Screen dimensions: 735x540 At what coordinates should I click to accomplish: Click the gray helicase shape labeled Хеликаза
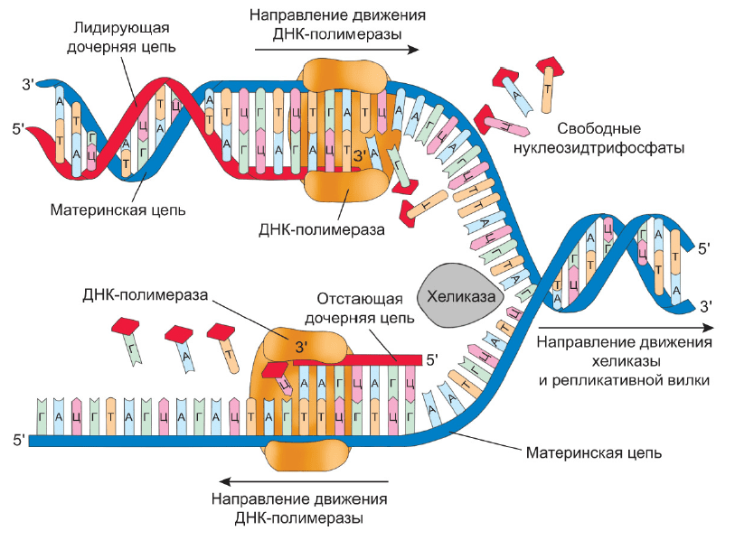pyautogui.click(x=459, y=295)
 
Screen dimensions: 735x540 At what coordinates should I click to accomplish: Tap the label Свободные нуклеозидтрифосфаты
pyautogui.click(x=598, y=138)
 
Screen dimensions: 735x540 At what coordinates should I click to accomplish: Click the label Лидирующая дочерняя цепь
pyautogui.click(x=121, y=37)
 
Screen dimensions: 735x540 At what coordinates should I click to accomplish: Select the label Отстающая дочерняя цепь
pyautogui.click(x=360, y=308)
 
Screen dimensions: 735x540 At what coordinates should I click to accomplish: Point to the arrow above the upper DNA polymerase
pyautogui.click(x=336, y=50)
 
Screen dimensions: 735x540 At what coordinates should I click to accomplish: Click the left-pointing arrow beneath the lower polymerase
pyautogui.click(x=304, y=481)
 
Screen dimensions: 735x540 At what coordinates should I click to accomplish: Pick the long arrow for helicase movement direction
pyautogui.click(x=627, y=328)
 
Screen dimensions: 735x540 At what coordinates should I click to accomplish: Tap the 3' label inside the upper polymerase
pyautogui.click(x=360, y=156)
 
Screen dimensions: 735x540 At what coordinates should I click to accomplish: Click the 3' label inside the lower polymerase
pyautogui.click(x=301, y=347)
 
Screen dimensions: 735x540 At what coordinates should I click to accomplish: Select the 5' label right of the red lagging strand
pyautogui.click(x=432, y=359)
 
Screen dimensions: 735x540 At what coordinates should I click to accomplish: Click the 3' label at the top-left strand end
pyautogui.click(x=28, y=85)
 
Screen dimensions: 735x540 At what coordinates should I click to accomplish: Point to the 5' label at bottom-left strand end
pyautogui.click(x=19, y=441)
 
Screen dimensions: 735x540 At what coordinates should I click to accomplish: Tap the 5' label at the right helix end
pyautogui.click(x=704, y=248)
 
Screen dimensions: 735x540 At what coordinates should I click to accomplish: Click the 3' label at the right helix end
pyautogui.click(x=705, y=307)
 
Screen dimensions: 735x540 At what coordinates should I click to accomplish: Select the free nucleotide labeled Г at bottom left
pyautogui.click(x=128, y=341)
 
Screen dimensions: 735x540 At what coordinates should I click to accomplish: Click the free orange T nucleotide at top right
pyautogui.click(x=549, y=85)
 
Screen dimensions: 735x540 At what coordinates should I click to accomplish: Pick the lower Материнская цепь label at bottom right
pyautogui.click(x=593, y=453)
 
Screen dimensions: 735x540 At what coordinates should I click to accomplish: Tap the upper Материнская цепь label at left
pyautogui.click(x=118, y=209)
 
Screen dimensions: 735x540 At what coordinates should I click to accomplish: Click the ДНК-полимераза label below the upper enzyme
pyautogui.click(x=322, y=229)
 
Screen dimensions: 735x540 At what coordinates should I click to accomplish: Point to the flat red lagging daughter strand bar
pyautogui.click(x=358, y=360)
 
